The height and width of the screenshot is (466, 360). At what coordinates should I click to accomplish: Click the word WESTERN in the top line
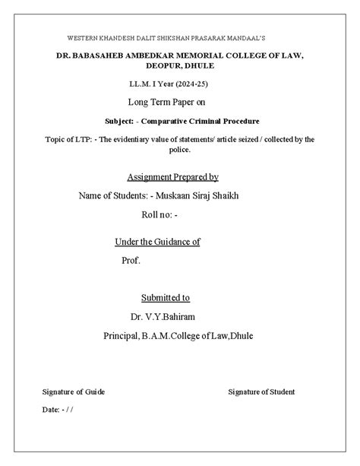pyautogui.click(x=84, y=37)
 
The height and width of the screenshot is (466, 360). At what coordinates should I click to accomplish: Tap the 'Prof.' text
pyautogui.click(x=132, y=260)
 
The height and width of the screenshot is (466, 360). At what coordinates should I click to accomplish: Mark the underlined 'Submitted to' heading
pyautogui.click(x=166, y=297)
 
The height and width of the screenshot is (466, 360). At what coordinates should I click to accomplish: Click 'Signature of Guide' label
pyautogui.click(x=74, y=392)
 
